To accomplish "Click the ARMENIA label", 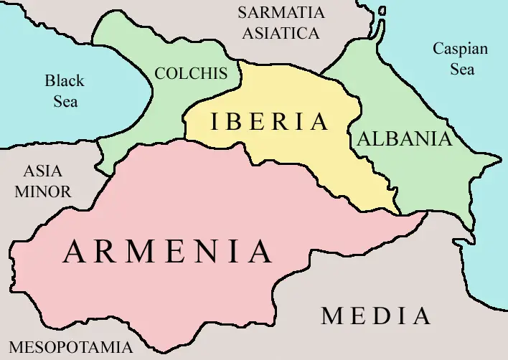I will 168,252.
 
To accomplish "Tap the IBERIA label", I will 269,122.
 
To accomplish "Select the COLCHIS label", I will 191,73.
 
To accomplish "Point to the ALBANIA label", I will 405,139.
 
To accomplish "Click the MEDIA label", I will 376,316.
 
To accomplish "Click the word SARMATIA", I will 281,12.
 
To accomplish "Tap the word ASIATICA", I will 281,33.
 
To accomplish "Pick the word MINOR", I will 43,192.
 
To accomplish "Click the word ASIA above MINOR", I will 43,172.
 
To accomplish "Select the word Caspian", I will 460,49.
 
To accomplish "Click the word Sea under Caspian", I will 462,70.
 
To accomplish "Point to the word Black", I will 65,80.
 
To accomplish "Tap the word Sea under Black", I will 65,101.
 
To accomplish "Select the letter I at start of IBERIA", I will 213,122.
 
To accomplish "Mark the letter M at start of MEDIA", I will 331,316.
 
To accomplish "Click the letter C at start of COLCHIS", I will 160,73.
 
